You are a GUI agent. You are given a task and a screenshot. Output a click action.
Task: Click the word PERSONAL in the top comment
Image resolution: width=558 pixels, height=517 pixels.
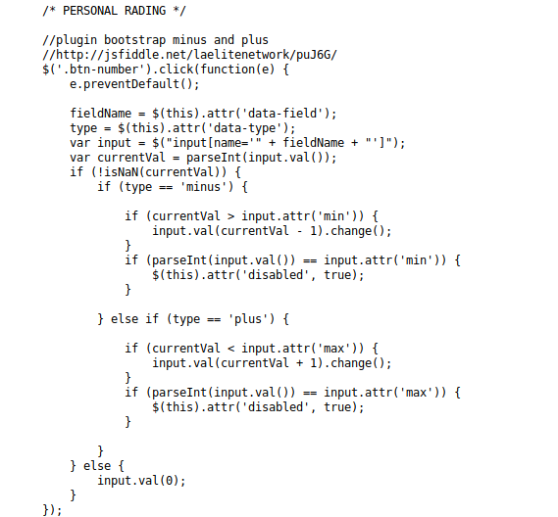tap(90, 11)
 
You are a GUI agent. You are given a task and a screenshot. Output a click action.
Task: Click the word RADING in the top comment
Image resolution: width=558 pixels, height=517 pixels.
tap(145, 11)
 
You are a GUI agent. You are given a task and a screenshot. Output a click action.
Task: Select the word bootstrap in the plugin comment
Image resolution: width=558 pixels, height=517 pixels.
tap(134, 40)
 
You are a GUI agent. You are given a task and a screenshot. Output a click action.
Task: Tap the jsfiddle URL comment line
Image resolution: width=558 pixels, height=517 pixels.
tap(189, 55)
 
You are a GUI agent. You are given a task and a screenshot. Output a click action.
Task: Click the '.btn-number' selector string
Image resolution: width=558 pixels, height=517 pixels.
tap(100, 70)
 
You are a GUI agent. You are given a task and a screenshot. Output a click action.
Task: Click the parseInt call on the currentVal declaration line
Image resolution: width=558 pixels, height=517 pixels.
tap(214, 158)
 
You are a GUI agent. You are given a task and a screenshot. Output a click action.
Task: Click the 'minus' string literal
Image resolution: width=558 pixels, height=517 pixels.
tap(203, 187)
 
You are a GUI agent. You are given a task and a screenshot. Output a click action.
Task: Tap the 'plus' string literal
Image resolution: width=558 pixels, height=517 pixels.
tap(248, 319)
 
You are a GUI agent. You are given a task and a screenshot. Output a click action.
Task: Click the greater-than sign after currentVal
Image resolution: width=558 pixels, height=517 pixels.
tap(230, 216)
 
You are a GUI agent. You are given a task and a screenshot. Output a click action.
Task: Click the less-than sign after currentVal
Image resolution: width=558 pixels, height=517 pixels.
tap(230, 349)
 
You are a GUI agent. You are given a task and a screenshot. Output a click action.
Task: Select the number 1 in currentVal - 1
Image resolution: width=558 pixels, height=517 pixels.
tap(313, 231)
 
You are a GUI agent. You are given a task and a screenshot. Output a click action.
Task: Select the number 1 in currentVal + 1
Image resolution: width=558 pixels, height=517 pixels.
tap(313, 363)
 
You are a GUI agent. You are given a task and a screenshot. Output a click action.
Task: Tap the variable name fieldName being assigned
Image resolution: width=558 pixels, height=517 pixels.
tap(101, 114)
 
